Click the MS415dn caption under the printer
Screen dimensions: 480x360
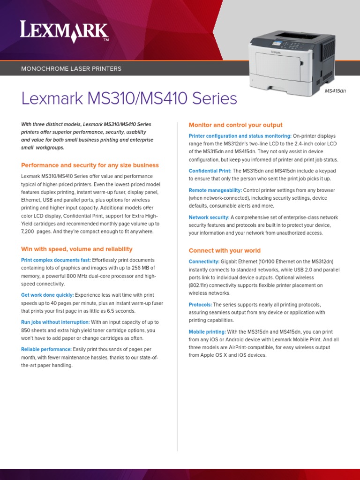(335, 91)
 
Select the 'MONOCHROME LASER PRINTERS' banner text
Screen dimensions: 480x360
(71, 69)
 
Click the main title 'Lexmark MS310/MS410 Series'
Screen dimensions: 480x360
(129, 99)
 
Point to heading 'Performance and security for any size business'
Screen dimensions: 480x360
(90, 165)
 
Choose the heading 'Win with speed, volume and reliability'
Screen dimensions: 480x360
(77, 249)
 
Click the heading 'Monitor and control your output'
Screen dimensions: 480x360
(235, 125)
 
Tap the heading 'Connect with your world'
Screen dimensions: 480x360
(225, 251)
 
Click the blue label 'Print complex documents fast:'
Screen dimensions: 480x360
(56, 260)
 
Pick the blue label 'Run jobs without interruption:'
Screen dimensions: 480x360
(55, 322)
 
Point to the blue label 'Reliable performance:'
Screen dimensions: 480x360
(46, 350)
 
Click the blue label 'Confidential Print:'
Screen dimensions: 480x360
(210, 171)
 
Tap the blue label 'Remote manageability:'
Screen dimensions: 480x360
(215, 190)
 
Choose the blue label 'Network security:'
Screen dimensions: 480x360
(209, 217)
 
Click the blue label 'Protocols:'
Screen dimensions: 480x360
(200, 305)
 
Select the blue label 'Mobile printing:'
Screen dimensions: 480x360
(207, 332)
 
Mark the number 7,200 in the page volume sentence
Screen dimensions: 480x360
(29, 232)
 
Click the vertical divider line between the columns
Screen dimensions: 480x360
(177, 281)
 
